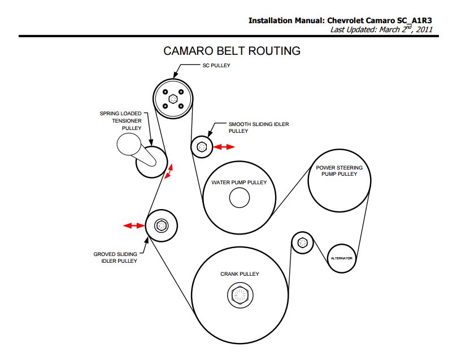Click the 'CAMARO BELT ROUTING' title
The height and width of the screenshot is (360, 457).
click(232, 51)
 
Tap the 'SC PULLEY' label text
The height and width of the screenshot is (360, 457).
click(216, 66)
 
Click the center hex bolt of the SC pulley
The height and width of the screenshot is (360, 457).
click(173, 99)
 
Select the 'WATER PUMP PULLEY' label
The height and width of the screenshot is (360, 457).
click(239, 183)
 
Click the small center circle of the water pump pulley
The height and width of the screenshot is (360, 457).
click(240, 198)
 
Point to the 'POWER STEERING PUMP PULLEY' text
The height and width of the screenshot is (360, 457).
click(340, 171)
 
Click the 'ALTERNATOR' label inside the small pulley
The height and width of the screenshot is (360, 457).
click(342, 258)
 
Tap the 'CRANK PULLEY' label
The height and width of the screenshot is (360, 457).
click(240, 274)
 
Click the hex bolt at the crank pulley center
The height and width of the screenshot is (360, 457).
click(240, 294)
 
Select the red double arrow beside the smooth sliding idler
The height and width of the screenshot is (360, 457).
click(224, 147)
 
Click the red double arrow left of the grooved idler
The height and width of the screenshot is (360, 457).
click(133, 225)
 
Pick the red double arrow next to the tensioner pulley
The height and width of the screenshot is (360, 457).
click(169, 171)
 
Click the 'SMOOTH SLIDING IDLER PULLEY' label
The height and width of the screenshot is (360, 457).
click(259, 127)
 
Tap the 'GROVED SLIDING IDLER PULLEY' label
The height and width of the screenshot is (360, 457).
click(115, 257)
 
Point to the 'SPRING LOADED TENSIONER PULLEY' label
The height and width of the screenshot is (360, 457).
click(120, 121)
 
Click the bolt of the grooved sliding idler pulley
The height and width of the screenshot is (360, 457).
click(161, 225)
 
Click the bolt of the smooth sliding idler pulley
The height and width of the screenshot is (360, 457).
click(202, 146)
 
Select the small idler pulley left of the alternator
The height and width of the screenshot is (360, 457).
click(303, 242)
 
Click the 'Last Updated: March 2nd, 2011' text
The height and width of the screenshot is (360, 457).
click(381, 29)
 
